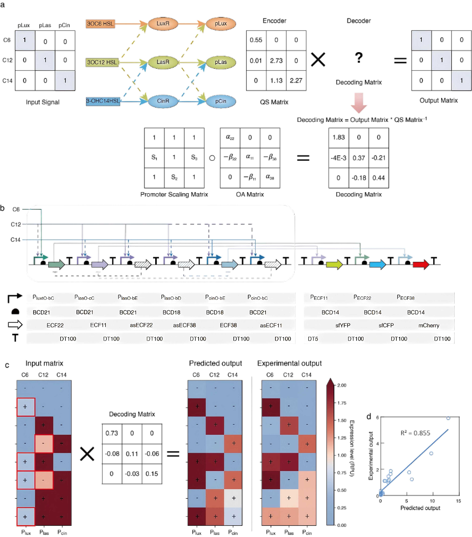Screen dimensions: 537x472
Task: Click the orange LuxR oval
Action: pos(163,24)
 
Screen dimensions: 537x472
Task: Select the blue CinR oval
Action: pos(163,101)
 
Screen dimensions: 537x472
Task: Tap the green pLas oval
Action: pos(221,62)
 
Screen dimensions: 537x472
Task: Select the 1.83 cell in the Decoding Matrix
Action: pos(338,137)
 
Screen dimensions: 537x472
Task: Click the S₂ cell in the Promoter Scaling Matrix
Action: pos(174,177)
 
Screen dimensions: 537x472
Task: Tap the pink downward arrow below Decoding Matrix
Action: pos(359,102)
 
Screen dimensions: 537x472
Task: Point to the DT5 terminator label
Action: pos(313,339)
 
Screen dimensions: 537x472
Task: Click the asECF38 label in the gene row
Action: pos(184,325)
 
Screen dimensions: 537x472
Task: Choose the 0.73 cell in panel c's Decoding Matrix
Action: pos(112,433)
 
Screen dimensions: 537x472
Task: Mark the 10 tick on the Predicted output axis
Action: pos(432,501)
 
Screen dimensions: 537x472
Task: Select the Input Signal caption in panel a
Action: pos(43,102)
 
